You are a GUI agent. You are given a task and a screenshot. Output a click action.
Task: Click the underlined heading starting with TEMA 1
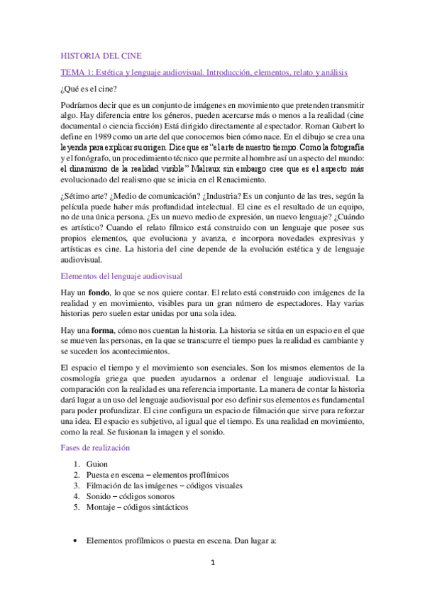click(x=204, y=72)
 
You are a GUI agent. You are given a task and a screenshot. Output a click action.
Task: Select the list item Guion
click(x=96, y=463)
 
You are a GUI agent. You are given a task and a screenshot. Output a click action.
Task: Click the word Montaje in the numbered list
click(x=102, y=508)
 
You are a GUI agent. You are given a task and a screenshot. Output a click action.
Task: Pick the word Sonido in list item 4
click(x=100, y=496)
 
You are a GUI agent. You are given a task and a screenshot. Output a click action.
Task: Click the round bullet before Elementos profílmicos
click(x=75, y=540)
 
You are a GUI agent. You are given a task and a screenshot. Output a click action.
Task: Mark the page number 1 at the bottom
click(x=211, y=584)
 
